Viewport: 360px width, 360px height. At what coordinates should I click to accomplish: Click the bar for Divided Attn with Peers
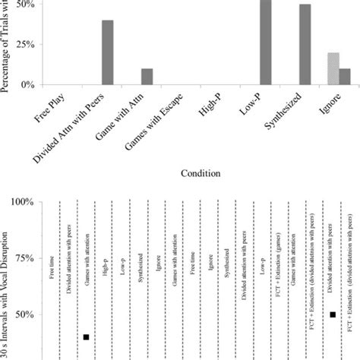(x=108, y=52)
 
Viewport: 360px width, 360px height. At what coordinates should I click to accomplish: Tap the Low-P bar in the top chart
(x=265, y=43)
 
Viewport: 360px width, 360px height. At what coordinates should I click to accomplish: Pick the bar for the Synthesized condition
(x=305, y=45)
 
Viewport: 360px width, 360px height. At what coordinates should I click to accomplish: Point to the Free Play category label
(x=52, y=111)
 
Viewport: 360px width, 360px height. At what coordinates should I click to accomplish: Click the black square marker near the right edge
(x=333, y=314)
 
